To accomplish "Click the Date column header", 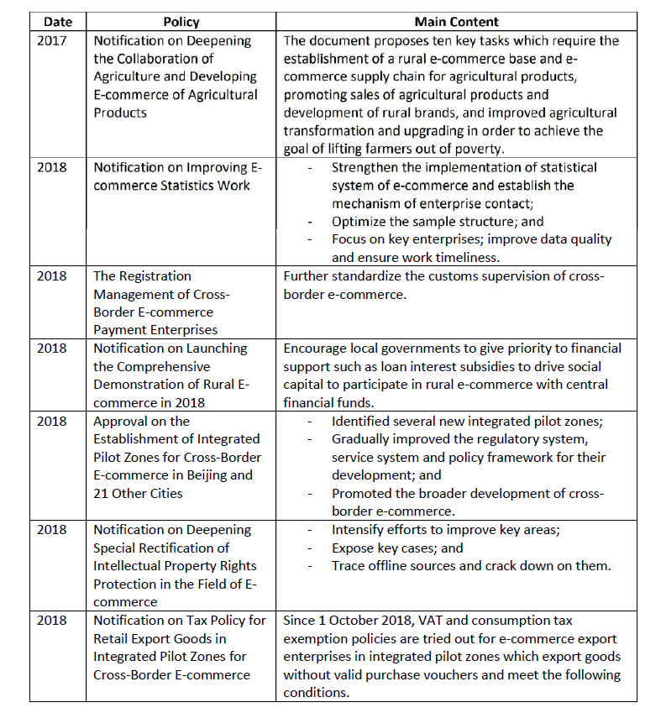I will pyautogui.click(x=58, y=22).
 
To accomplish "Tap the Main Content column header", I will pyautogui.click(x=456, y=22).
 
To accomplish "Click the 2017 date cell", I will pyautogui.click(x=52, y=40).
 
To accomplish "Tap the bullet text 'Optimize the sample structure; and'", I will pyautogui.click(x=437, y=222).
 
